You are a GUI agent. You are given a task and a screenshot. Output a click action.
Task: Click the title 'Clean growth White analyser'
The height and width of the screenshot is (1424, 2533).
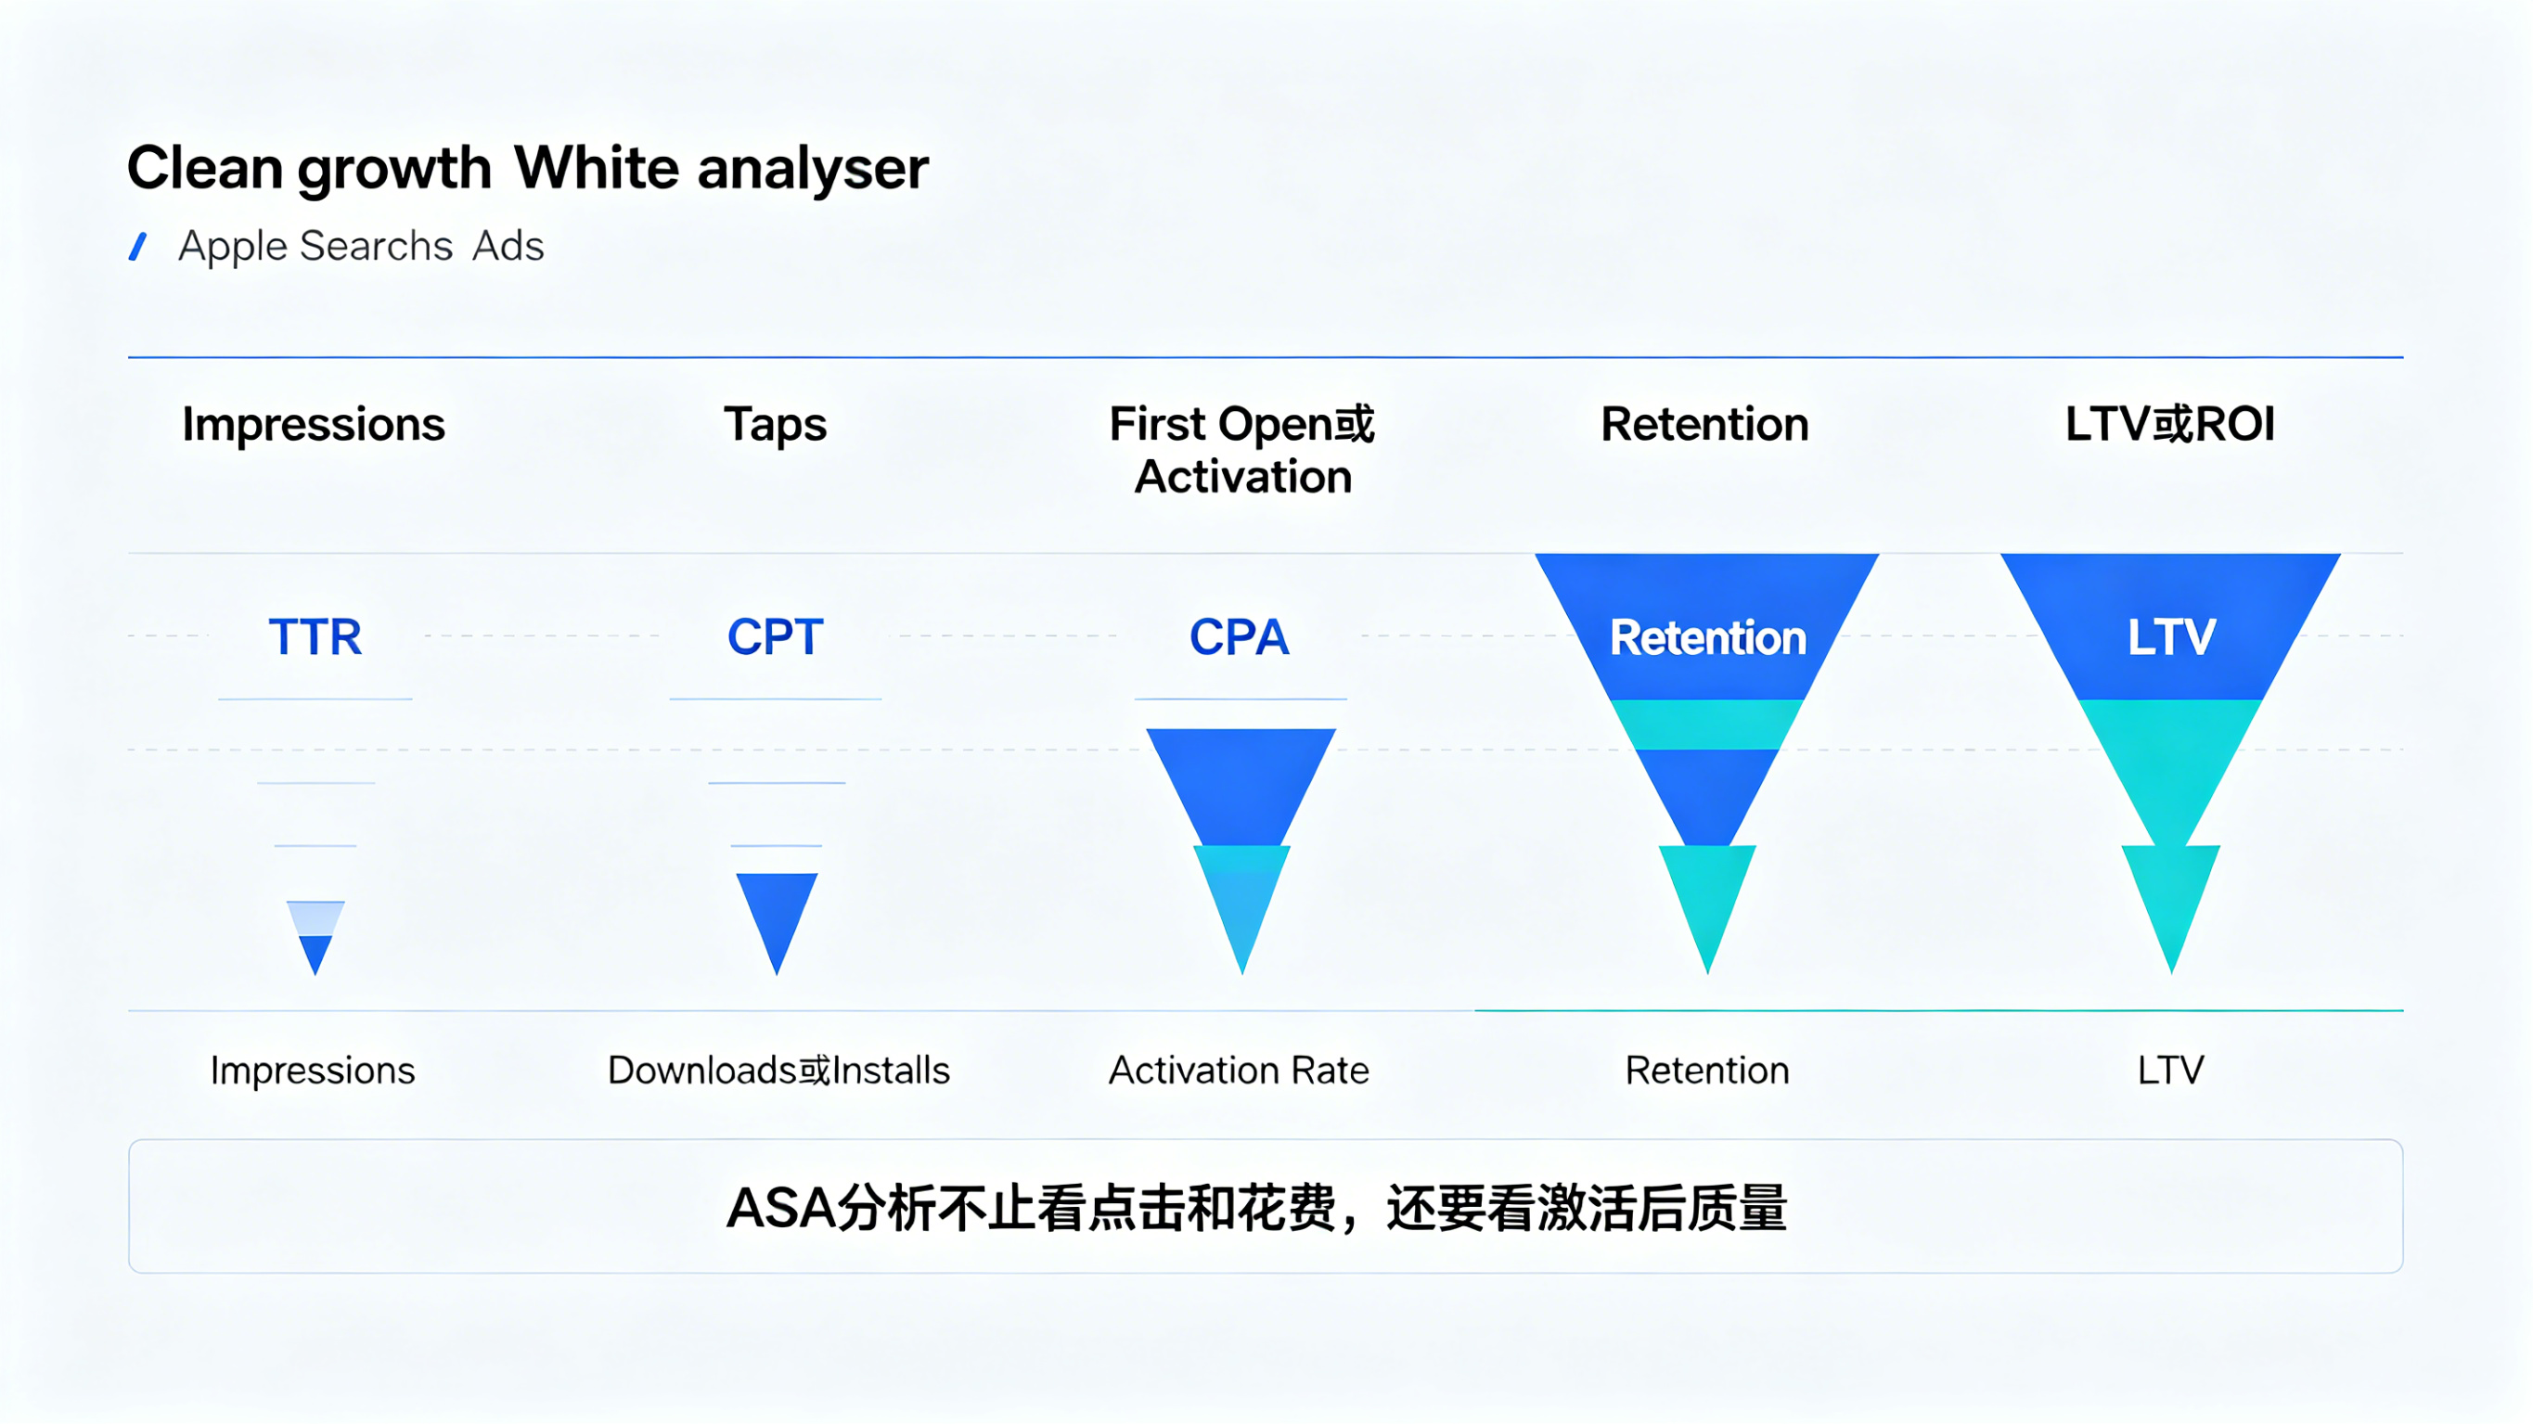click(527, 168)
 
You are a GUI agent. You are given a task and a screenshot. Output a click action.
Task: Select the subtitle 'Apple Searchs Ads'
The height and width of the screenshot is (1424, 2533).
click(360, 246)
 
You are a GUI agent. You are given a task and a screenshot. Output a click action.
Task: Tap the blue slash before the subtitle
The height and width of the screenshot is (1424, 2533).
click(138, 246)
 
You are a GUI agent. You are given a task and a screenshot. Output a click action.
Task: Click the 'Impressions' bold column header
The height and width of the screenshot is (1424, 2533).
click(314, 425)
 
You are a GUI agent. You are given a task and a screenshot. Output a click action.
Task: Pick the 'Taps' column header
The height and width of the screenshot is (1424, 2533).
click(775, 425)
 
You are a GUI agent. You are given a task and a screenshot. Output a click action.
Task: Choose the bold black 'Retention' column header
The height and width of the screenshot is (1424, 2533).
click(1704, 425)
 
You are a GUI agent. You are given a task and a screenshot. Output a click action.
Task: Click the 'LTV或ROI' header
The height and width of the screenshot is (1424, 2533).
click(2169, 425)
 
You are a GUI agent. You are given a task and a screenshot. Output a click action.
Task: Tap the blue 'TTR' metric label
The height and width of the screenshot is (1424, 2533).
click(315, 637)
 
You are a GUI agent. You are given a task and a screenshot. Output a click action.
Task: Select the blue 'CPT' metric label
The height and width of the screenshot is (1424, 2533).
click(775, 637)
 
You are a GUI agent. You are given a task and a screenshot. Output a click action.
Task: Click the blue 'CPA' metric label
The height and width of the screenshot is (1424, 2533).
click(1239, 637)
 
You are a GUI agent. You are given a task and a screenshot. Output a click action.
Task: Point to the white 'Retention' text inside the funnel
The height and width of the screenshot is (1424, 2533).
click(1707, 638)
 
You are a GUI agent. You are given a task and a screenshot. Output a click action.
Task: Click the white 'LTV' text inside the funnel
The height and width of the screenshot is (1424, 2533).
click(2171, 638)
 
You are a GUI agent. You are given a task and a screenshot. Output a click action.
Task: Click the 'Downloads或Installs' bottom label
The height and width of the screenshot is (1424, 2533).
click(778, 1070)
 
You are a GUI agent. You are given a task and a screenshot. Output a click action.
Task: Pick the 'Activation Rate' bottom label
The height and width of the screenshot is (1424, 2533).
click(1238, 1070)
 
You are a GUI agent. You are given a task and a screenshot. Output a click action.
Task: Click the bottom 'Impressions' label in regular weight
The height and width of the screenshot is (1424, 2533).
click(313, 1070)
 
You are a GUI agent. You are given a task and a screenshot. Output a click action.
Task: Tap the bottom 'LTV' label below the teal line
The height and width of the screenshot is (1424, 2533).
click(2170, 1070)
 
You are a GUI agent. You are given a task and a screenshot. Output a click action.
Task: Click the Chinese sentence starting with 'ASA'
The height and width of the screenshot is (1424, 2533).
click(1255, 1208)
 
